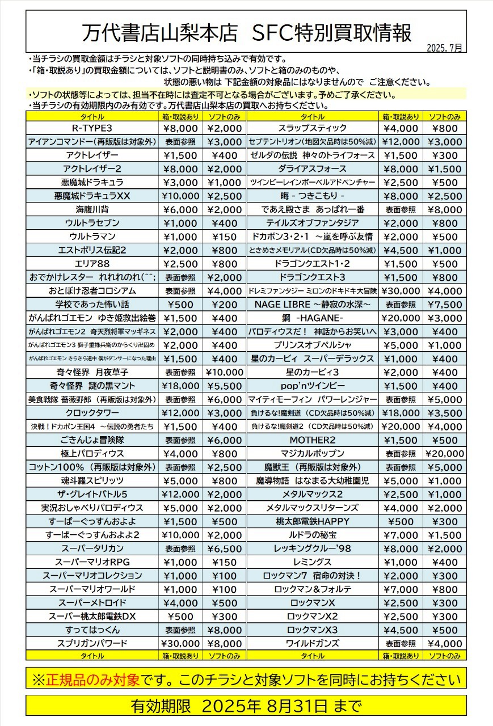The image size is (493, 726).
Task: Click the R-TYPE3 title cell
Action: [x=92, y=128]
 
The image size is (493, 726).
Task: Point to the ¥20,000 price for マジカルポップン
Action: [x=444, y=454]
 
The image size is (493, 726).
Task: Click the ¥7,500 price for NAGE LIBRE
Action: [x=444, y=305]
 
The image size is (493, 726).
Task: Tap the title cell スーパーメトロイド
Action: [x=92, y=603]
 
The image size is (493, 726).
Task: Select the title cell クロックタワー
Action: [x=92, y=413]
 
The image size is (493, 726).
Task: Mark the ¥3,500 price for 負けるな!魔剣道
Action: [x=444, y=413]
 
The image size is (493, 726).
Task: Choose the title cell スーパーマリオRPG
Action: [x=92, y=563]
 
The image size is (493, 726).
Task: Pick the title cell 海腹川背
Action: [x=92, y=209]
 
